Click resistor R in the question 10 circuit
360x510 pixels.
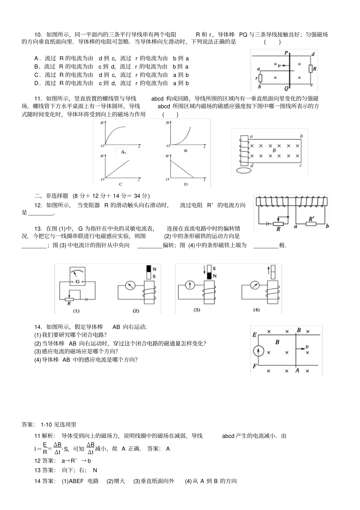tap(311, 69)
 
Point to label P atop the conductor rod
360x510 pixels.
tap(286, 53)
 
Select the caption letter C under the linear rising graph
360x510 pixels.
tap(121, 184)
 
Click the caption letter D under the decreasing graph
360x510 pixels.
tap(186, 184)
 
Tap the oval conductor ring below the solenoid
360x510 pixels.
tap(244, 171)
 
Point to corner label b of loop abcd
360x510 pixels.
tap(301, 136)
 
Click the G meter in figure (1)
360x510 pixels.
tap(77, 276)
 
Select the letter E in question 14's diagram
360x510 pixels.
tap(254, 335)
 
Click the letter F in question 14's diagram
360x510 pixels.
tap(254, 366)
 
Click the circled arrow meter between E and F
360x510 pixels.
tap(258, 351)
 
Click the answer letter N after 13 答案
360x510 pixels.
tap(95, 470)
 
